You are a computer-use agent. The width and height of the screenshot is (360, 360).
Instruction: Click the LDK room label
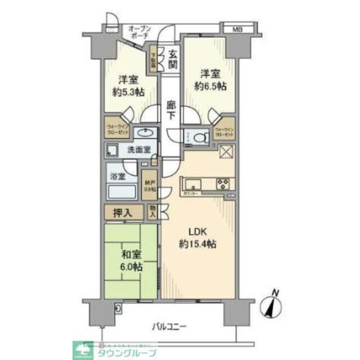click(x=198, y=238)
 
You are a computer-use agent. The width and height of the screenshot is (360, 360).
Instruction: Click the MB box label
click(x=231, y=28)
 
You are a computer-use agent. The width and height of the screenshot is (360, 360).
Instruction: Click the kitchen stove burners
click(x=223, y=183)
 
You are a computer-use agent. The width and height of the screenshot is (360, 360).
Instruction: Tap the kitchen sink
click(x=191, y=184)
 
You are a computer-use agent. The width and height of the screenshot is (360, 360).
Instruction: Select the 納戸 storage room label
click(x=148, y=185)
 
